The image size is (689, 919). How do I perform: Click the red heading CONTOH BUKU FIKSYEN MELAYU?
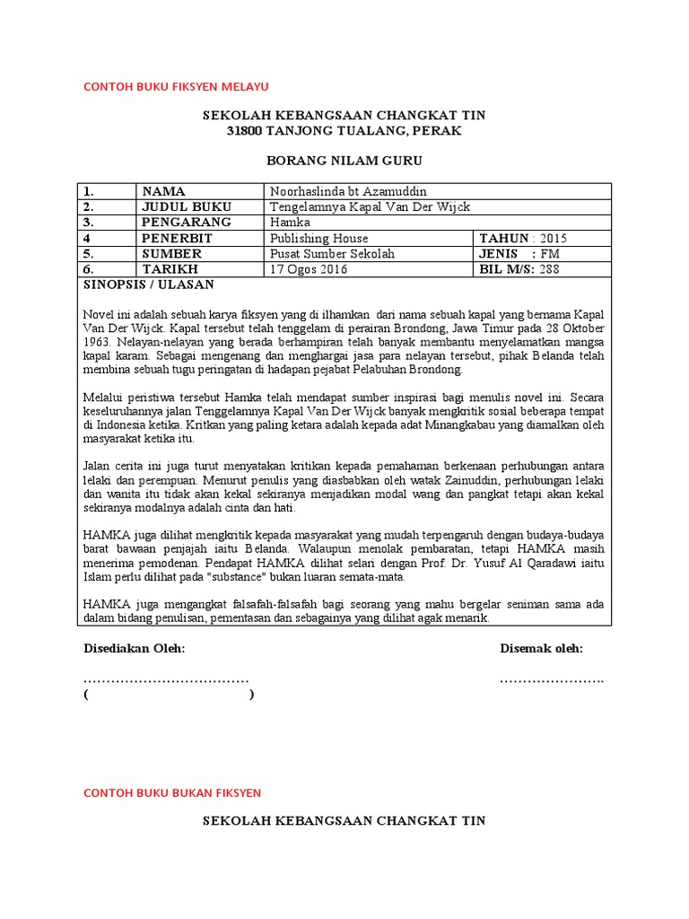tap(176, 86)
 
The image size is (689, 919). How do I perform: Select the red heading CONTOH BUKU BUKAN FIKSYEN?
tap(171, 793)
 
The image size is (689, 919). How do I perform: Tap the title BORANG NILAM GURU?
tap(344, 162)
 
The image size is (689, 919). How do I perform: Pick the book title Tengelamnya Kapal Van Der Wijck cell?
tap(370, 207)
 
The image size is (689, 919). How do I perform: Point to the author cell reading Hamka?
tap(289, 223)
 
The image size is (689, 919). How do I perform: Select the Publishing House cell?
tap(319, 239)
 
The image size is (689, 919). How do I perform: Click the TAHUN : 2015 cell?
tap(523, 239)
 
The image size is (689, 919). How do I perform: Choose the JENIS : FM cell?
tap(519, 254)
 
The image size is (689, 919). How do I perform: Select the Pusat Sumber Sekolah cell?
tap(332, 254)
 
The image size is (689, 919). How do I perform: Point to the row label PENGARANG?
tap(187, 223)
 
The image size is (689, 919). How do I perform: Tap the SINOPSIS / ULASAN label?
tap(148, 284)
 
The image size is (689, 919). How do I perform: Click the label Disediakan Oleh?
tap(134, 649)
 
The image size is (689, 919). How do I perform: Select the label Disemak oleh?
tap(541, 649)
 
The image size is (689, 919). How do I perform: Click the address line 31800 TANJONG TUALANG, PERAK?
tap(344, 132)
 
